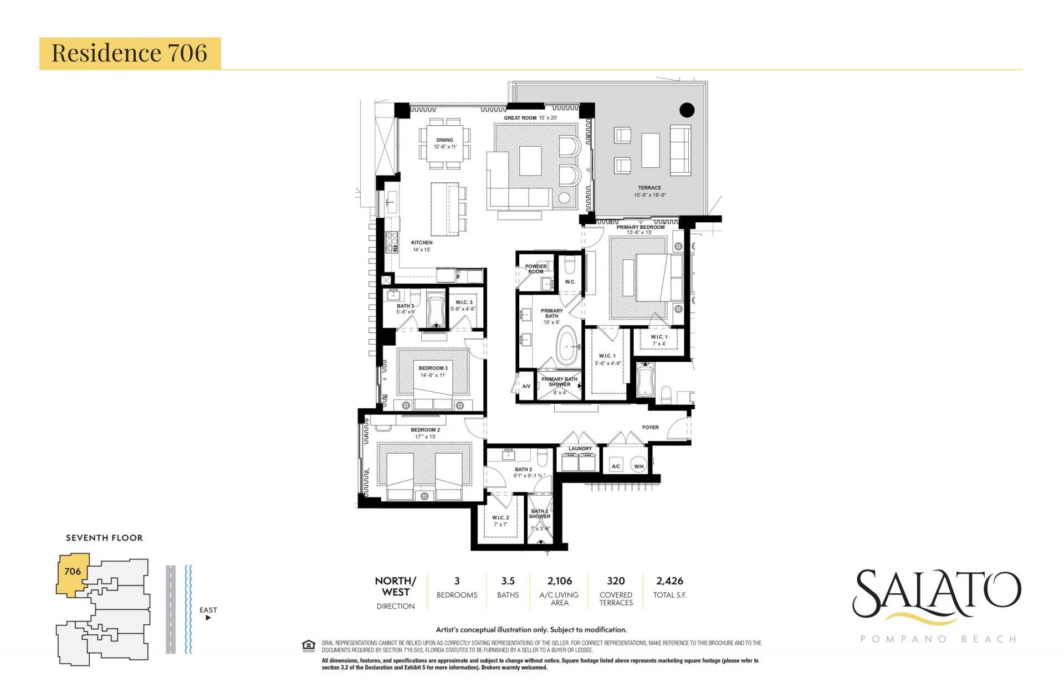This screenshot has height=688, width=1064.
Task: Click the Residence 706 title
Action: (x=129, y=53)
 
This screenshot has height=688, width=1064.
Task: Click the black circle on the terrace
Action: (x=687, y=110)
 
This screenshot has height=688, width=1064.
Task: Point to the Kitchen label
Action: (x=421, y=243)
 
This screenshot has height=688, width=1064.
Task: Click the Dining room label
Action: (x=444, y=140)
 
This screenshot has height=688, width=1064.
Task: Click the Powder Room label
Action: (x=535, y=269)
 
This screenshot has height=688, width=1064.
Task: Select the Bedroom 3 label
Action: (x=433, y=368)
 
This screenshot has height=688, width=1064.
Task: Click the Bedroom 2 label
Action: (x=425, y=430)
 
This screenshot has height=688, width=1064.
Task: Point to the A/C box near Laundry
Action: (x=616, y=466)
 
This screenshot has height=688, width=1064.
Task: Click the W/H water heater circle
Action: (x=639, y=466)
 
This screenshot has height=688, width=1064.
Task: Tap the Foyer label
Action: (x=650, y=427)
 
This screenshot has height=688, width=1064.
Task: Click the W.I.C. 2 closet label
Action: (x=500, y=518)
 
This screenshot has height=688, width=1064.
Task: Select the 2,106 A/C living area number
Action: (x=559, y=581)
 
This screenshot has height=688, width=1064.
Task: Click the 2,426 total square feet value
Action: (x=669, y=581)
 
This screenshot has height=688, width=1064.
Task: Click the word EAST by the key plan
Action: (x=208, y=610)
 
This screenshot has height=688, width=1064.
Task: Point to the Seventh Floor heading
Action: (x=104, y=538)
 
